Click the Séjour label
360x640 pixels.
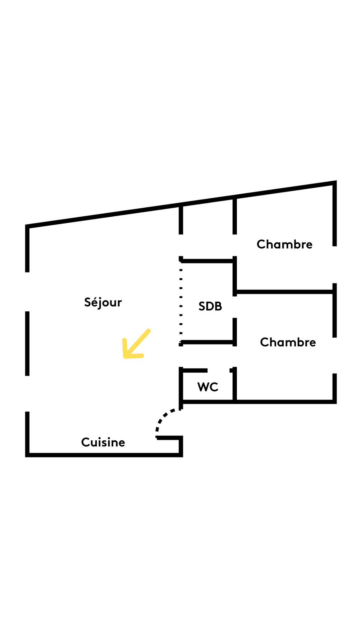103,302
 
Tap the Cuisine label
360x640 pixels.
103,442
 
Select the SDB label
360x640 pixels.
210,306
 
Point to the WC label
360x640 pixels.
208,387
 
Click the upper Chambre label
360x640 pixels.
284,244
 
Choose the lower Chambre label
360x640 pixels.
288,342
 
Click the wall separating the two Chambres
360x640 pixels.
283,292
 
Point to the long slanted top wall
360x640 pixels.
180,204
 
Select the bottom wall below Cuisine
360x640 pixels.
103,455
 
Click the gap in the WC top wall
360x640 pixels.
219,370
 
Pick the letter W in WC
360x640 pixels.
203,387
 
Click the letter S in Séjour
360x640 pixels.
88,302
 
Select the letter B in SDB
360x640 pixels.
218,306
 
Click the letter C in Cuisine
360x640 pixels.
85,442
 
